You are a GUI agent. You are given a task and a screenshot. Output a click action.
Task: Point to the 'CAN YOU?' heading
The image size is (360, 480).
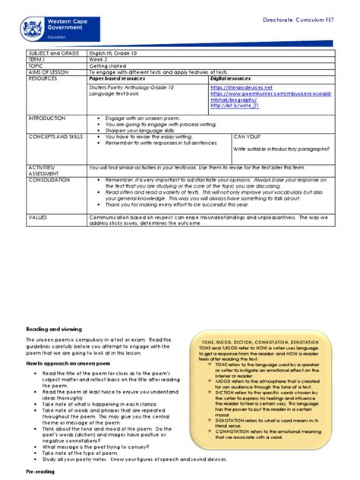(248, 137)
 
